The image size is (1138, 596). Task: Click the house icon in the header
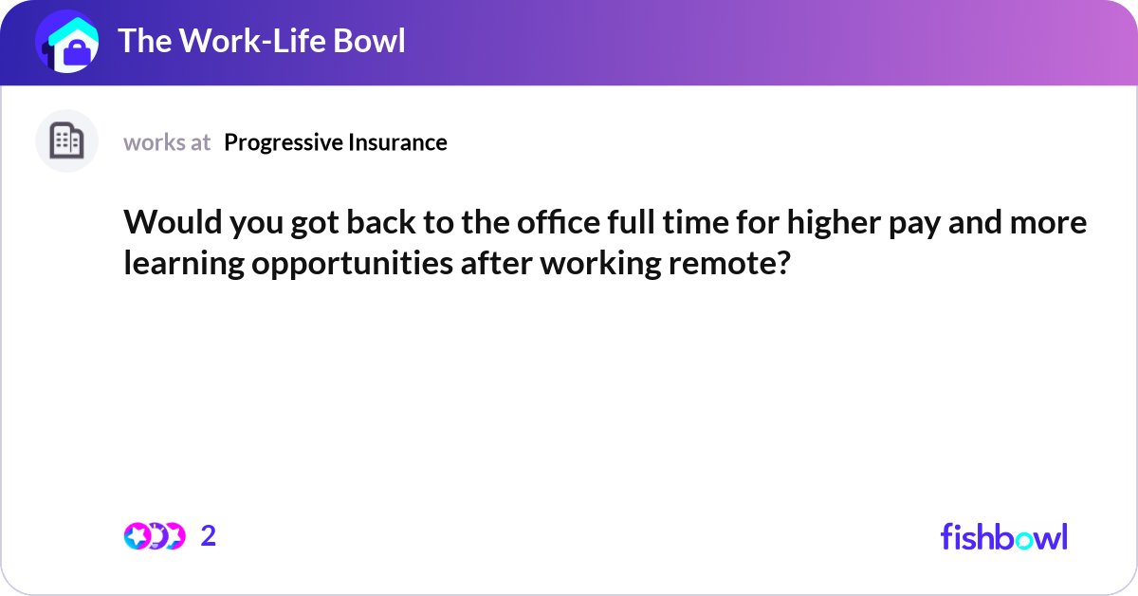click(66, 42)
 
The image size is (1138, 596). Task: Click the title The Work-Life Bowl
click(261, 41)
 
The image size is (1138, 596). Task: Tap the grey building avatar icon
click(66, 141)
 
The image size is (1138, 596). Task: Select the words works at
click(167, 142)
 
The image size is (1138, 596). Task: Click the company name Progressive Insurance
click(336, 142)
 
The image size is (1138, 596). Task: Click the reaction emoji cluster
click(154, 536)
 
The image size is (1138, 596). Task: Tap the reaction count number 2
click(209, 536)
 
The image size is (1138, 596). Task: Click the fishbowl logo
click(1003, 536)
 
